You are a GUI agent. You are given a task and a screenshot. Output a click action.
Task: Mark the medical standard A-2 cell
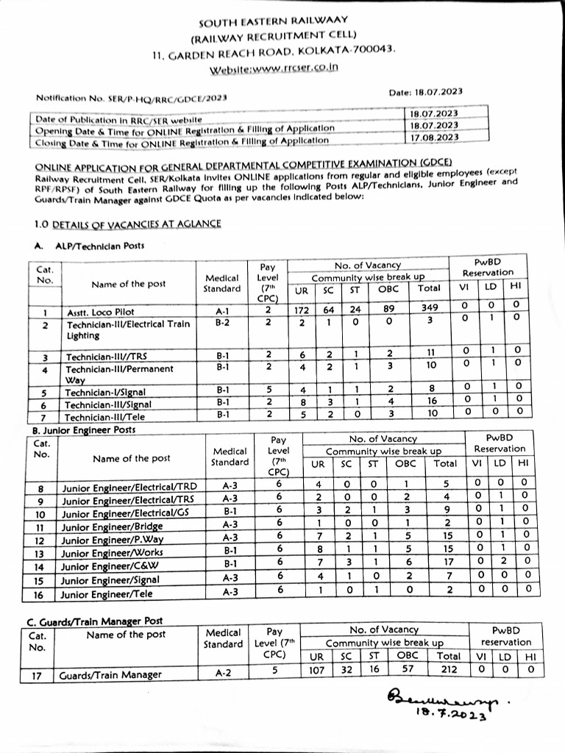(x=223, y=672)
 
